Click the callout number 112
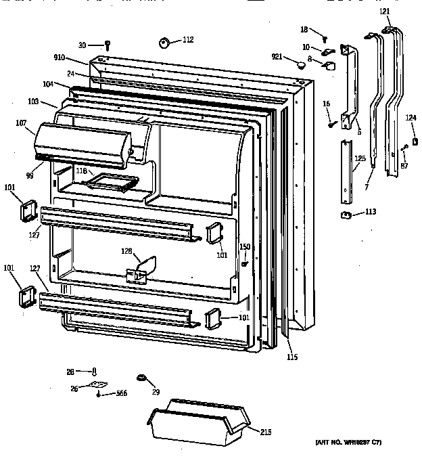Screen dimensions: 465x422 (x=187, y=40)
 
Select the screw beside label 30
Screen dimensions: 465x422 (x=108, y=45)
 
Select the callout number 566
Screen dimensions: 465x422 (x=121, y=394)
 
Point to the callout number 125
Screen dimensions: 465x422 (x=360, y=158)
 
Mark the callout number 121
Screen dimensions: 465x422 (x=384, y=12)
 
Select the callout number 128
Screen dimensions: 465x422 (x=126, y=252)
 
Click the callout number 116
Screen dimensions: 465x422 (x=81, y=171)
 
